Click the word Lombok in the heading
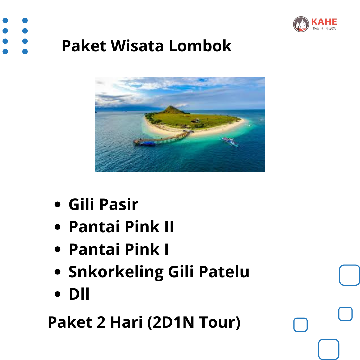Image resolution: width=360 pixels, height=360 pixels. tap(200, 46)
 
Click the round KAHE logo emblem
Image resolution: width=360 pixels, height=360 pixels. tap(301, 24)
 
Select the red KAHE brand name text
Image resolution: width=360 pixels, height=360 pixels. tap(324, 22)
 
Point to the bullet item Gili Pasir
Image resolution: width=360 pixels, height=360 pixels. tap(103, 204)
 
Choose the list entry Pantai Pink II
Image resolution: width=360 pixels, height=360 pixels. tap(121, 227)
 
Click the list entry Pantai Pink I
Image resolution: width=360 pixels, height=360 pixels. tap(119, 249)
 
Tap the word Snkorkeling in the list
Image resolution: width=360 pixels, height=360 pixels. tap(116, 272)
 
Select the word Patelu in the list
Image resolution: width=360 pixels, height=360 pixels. tap(224, 272)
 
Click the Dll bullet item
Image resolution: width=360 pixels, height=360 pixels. tap(79, 294)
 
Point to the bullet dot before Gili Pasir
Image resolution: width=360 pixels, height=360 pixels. tap(57, 204)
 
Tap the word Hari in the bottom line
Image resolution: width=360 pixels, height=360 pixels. tap(126, 322)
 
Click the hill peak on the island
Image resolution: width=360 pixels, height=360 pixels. tap(171, 107)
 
